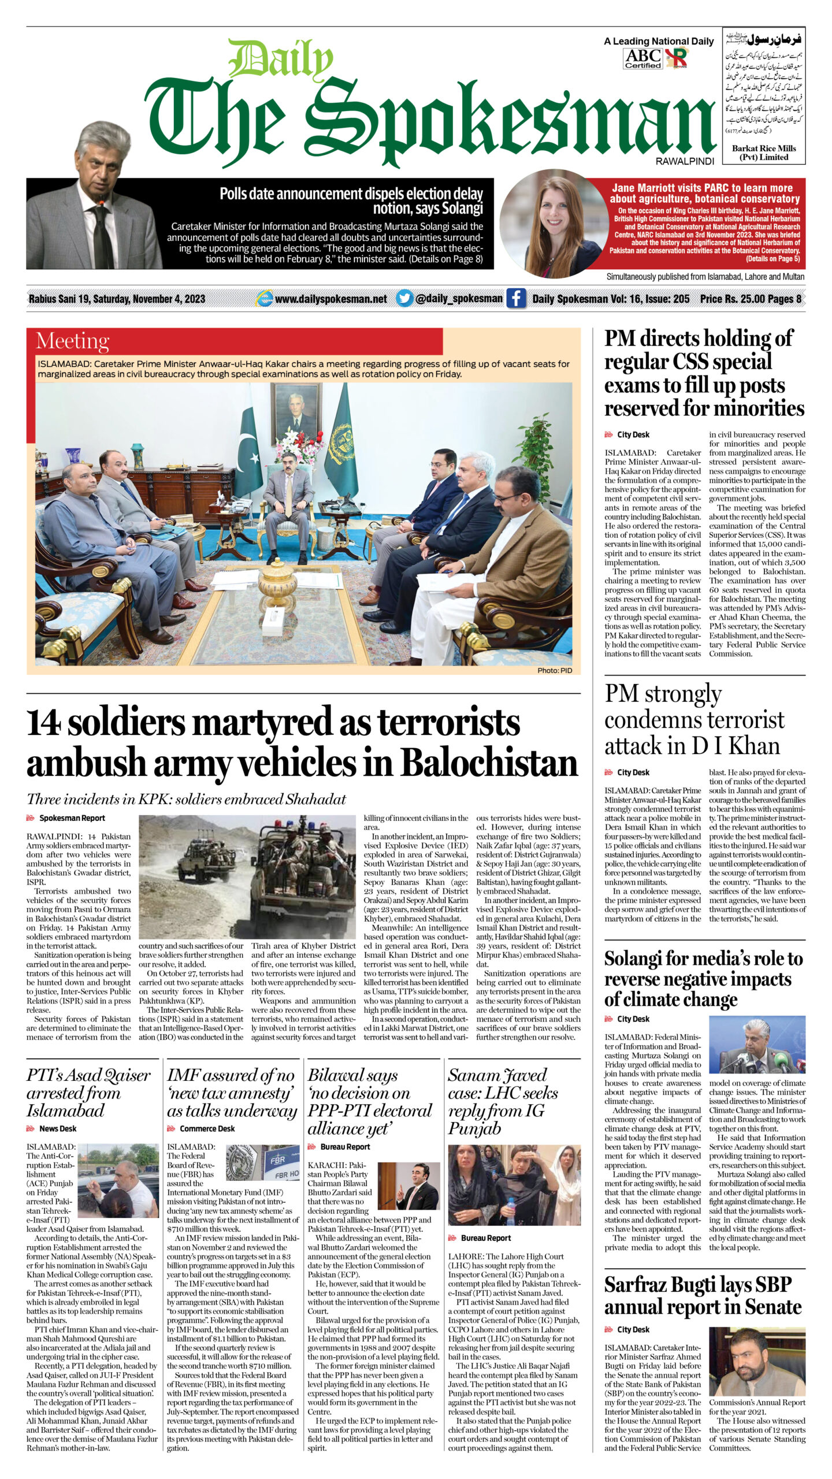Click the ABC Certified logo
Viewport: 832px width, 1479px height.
pyautogui.click(x=643, y=58)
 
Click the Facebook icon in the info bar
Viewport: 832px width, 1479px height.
pyautogui.click(x=515, y=299)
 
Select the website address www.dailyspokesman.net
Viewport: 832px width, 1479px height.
pyautogui.click(x=330, y=299)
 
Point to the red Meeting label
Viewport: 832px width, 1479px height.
pyautogui.click(x=72, y=341)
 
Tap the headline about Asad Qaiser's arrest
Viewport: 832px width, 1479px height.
pyautogui.click(x=88, y=1092)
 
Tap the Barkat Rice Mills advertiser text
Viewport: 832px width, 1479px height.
pyautogui.click(x=764, y=153)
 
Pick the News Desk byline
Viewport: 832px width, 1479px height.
pyautogui.click(x=57, y=1128)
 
